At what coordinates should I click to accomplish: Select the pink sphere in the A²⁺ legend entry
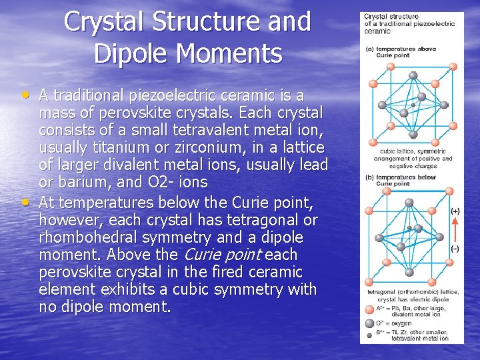click(369, 309)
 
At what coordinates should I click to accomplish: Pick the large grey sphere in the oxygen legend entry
click(369, 322)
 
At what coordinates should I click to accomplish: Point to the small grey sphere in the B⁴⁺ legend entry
click(369, 333)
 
